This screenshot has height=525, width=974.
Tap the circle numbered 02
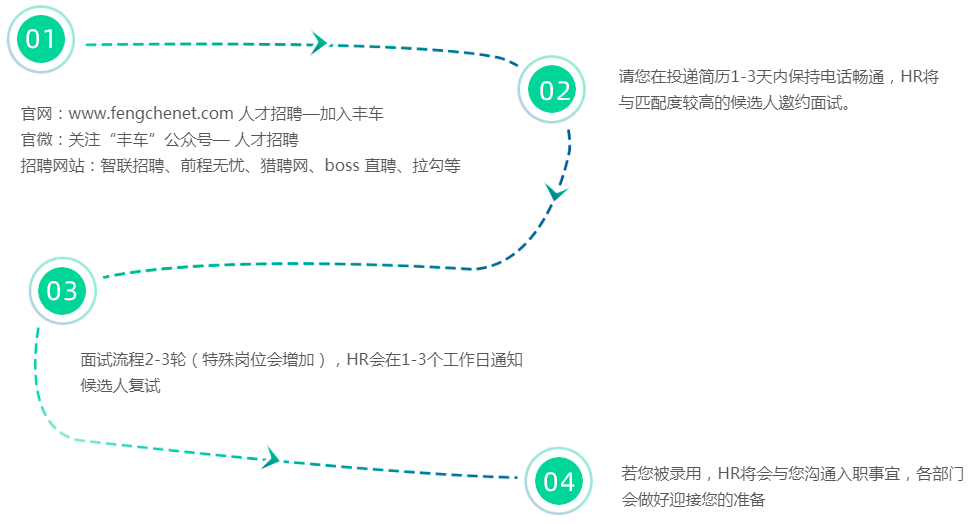coord(555,91)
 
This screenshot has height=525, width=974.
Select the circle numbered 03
coord(62,291)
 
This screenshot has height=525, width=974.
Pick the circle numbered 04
coord(559,482)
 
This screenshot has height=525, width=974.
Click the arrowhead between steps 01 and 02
coord(319,43)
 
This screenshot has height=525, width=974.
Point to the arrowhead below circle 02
coord(556,190)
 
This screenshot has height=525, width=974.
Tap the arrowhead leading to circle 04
coord(270,459)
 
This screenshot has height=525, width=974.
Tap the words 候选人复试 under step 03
coord(120,386)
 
